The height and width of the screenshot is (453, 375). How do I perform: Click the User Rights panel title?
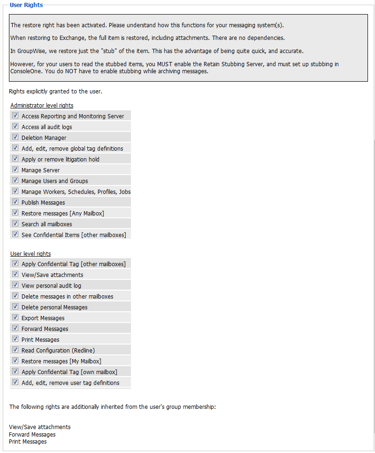tap(26, 5)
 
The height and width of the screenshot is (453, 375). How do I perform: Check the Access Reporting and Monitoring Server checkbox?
tap(15, 115)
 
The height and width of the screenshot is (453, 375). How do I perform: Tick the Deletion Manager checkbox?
tap(15, 137)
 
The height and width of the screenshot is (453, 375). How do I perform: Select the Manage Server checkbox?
tap(15, 169)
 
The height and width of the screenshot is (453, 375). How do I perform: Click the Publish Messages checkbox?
tap(15, 202)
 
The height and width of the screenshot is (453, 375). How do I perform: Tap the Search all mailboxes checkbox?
tap(15, 223)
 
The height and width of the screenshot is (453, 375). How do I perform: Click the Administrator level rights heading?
tap(42, 106)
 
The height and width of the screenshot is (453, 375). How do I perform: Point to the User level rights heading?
tap(31, 254)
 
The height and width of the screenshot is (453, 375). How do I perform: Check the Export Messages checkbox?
tap(15, 317)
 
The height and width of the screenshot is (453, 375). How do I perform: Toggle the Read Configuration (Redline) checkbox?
tap(15, 350)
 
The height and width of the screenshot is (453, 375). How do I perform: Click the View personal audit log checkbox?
tap(15, 285)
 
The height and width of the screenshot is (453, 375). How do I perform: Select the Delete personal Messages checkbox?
tap(15, 307)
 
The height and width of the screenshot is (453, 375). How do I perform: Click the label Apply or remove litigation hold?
tap(61, 160)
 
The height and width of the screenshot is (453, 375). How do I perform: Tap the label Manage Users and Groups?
tap(55, 181)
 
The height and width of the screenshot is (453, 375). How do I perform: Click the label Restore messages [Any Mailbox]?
tap(63, 214)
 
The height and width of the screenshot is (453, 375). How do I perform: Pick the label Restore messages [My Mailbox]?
tap(61, 361)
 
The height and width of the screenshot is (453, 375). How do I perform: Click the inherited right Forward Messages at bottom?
tap(32, 435)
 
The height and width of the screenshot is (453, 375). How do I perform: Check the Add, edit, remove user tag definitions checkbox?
tap(15, 382)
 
